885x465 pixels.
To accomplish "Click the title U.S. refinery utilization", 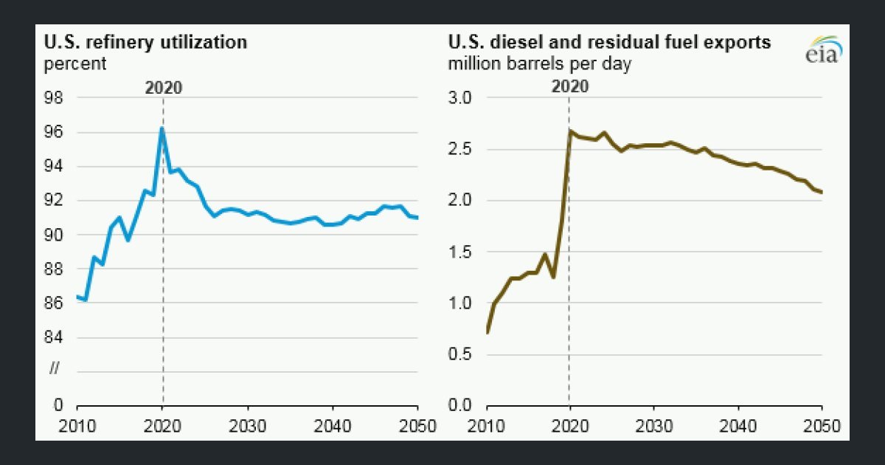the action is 145,42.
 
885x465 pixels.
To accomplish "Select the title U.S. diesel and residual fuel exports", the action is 609,42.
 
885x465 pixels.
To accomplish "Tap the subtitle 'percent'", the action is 75,63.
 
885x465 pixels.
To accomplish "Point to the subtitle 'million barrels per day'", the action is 540,63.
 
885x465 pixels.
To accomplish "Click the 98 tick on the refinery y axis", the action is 53,97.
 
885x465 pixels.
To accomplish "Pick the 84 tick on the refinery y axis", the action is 53,337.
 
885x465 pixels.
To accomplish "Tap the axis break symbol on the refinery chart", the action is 54,368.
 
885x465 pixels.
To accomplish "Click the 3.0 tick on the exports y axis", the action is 460,97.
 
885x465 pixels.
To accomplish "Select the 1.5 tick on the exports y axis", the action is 460,252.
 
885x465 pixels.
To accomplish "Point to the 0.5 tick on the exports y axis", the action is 460,354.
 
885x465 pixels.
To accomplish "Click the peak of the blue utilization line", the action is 162,128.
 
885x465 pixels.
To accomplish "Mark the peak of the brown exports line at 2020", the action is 569,131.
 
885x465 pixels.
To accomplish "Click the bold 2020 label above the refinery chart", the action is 164,88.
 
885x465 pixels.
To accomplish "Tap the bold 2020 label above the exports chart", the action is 570,86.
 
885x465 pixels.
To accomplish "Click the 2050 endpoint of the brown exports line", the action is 822,193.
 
